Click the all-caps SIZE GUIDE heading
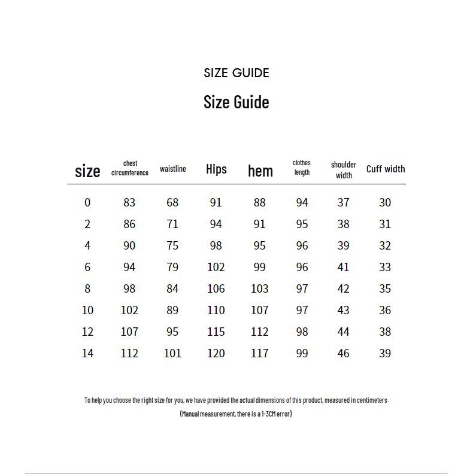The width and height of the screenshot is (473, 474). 236,73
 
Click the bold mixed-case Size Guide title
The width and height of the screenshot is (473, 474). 236,102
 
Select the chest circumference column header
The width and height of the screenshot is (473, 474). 130,168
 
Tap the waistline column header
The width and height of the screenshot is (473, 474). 172,169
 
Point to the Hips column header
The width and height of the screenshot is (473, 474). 216,169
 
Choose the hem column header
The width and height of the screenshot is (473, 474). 260,171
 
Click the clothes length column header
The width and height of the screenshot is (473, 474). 302,168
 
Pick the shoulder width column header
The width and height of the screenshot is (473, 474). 343,170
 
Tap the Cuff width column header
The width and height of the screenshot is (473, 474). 386,169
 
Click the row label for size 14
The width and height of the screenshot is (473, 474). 87,353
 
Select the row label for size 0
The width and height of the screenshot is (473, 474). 87,202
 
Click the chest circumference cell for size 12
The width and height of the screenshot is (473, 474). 129,332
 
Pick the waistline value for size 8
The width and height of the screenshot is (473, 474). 172,288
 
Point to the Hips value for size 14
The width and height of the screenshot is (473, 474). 216,353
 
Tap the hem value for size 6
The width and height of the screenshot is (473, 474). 259,267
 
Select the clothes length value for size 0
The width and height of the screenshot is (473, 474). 302,202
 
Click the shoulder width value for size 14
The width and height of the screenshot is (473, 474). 343,353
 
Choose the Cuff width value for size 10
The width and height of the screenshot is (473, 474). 385,310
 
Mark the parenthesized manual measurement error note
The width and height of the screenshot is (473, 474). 236,414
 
